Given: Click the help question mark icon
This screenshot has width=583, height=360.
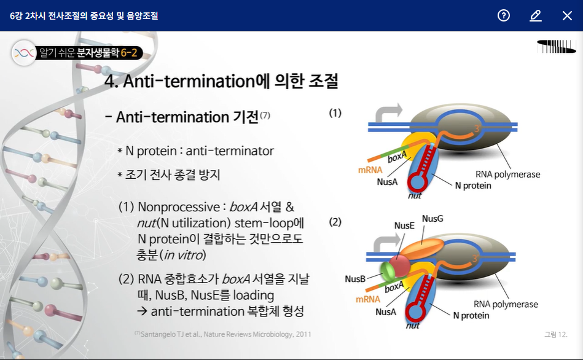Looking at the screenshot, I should (x=504, y=15).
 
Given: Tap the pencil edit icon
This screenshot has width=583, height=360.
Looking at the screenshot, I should (x=536, y=15).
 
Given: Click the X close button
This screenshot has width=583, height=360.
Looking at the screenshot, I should (x=567, y=15).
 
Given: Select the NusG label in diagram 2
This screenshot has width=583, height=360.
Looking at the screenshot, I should (x=432, y=219).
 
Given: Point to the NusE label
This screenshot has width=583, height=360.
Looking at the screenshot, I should (x=404, y=225).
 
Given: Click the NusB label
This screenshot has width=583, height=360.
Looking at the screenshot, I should (x=355, y=279).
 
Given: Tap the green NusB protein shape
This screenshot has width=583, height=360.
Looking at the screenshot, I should (x=387, y=271).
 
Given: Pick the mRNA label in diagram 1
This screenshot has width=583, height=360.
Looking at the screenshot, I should (x=370, y=169).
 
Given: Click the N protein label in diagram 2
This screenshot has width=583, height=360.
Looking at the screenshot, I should (x=471, y=315).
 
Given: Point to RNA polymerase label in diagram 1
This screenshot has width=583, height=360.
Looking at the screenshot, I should (x=507, y=174).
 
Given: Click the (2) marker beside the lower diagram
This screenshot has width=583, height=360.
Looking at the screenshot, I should (x=335, y=221).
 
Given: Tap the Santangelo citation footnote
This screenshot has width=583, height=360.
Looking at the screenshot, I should (x=222, y=334).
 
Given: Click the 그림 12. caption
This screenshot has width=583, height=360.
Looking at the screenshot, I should (x=555, y=334).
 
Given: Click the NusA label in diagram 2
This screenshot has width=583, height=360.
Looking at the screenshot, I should (x=386, y=312).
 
